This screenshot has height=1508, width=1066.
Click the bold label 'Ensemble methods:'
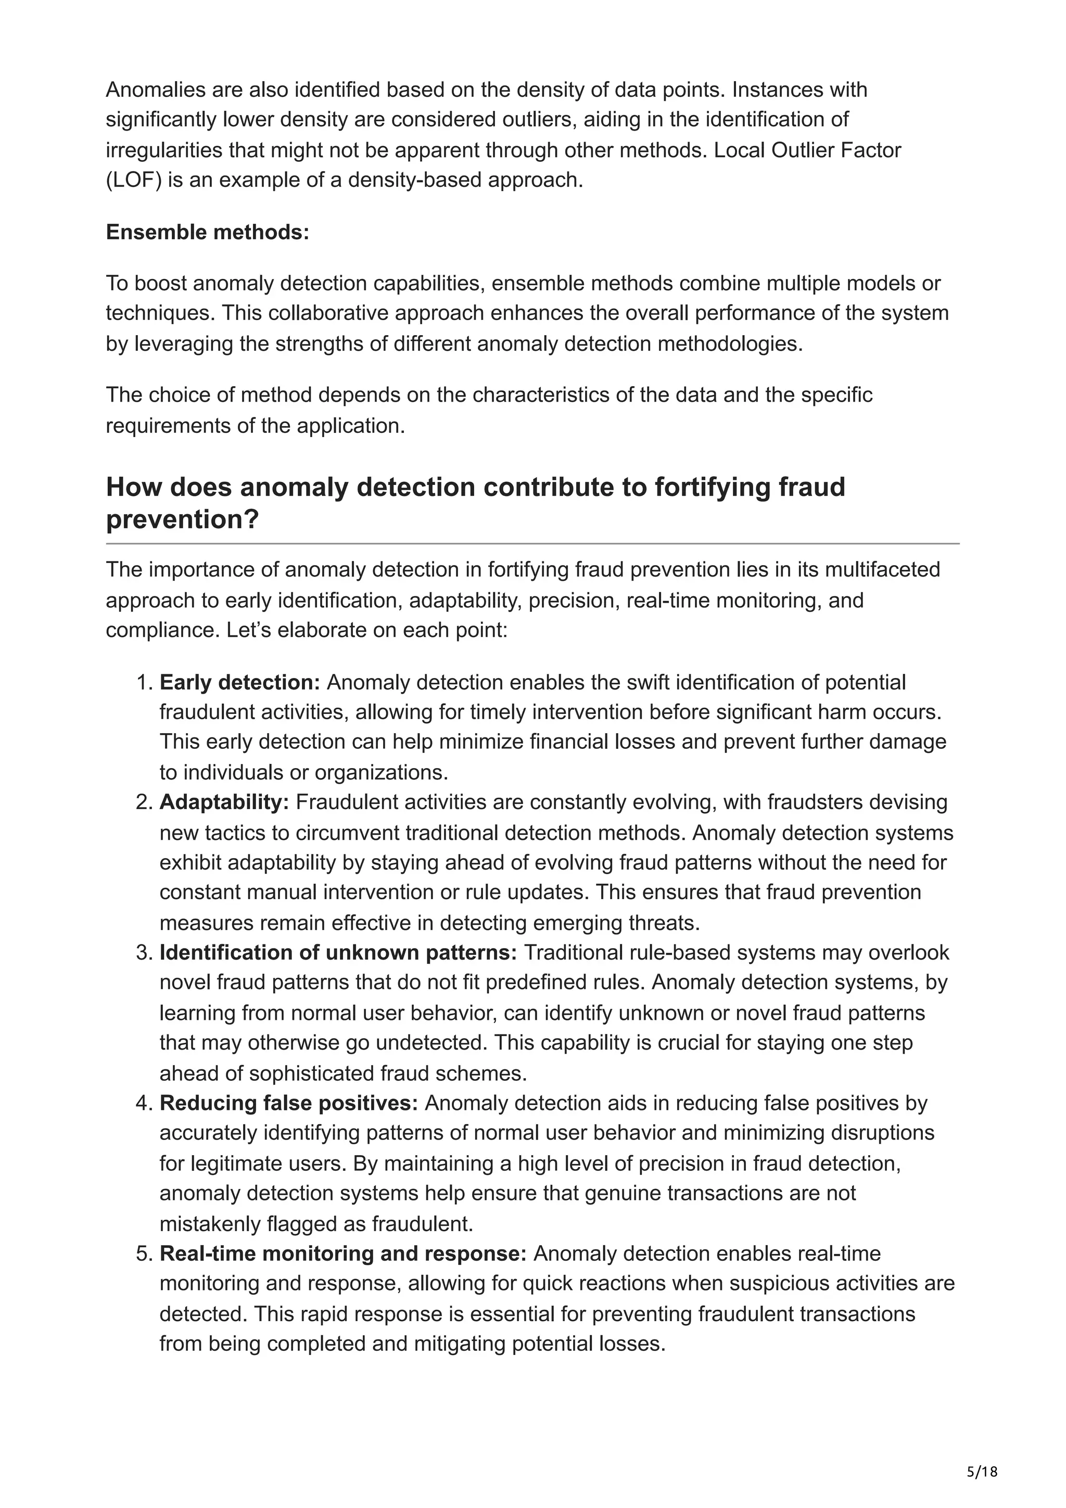[x=207, y=233]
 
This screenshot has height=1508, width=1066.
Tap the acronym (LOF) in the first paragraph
[x=133, y=180]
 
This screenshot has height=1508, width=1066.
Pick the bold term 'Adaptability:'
[x=224, y=802]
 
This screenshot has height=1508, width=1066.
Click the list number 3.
[x=145, y=952]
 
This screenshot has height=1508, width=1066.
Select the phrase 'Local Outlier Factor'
[x=807, y=150]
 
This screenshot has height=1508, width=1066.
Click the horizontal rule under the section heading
[x=532, y=544]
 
